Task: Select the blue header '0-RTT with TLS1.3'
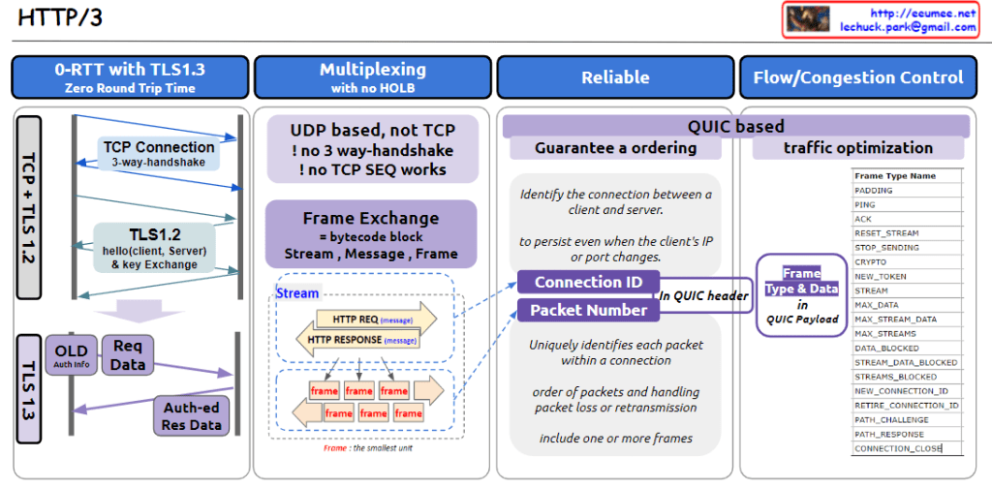point(130,76)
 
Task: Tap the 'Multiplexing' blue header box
point(372,76)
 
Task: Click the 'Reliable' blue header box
point(615,76)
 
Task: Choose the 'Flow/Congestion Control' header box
point(858,76)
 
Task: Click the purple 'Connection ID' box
point(588,282)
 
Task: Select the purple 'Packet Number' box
point(588,310)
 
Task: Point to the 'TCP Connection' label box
point(158,154)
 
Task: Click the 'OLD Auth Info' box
point(71,355)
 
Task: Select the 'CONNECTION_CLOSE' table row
point(897,448)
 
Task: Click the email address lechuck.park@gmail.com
point(908,27)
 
